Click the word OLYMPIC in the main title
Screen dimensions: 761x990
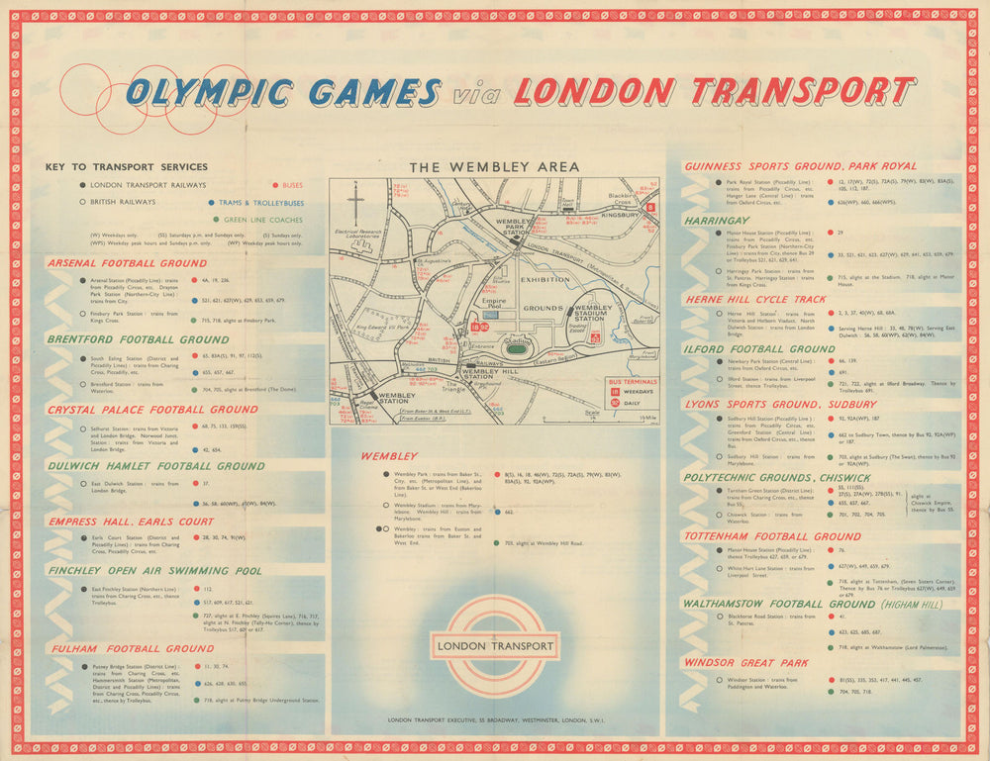point(209,93)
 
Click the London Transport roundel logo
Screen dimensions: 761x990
point(495,646)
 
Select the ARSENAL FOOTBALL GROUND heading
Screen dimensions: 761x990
point(127,263)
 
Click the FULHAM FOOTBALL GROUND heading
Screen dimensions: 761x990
point(130,649)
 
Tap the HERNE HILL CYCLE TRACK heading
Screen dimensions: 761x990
point(754,299)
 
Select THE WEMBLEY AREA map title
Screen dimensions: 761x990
point(494,167)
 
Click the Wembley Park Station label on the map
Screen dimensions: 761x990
point(516,227)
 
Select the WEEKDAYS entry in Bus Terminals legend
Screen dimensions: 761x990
point(634,392)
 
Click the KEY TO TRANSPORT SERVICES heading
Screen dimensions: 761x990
point(127,167)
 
